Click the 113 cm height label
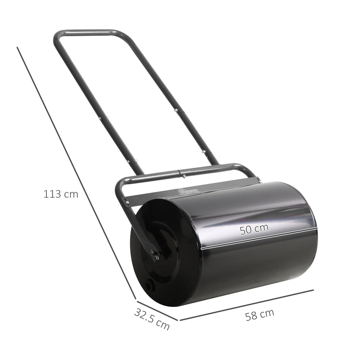point(60,194)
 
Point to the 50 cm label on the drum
point(254,230)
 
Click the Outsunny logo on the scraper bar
point(188,191)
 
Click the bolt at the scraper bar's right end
point(259,180)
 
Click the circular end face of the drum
point(165,253)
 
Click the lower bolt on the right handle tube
point(204,152)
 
